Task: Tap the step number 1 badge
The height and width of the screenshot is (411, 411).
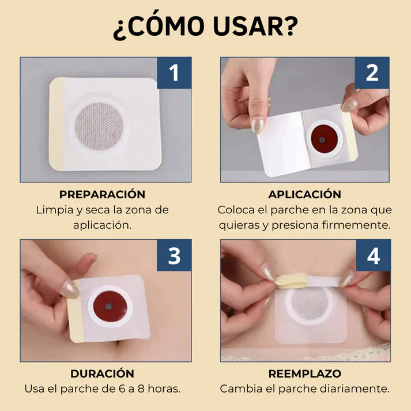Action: pos(175,73)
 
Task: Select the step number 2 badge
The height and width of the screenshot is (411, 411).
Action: pos(372,73)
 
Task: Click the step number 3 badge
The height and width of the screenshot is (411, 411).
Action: pos(175,255)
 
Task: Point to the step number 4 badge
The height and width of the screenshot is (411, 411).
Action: pos(372,255)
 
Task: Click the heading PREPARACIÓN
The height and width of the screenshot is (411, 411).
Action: pos(103,194)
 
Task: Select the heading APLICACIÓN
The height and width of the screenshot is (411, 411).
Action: pos(305,194)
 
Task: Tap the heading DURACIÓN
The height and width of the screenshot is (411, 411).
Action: pos(103,374)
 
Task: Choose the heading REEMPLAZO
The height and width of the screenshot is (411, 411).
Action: pos(305,374)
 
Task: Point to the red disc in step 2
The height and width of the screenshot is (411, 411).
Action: pos(321,138)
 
